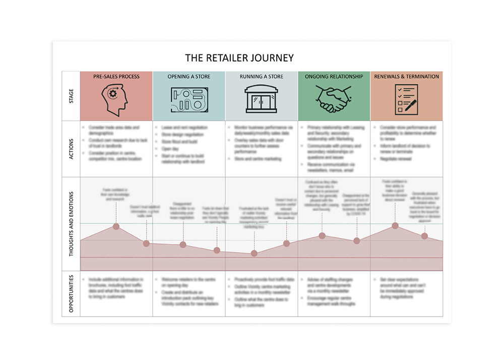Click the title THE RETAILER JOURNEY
[x=239, y=57]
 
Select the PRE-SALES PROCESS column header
[x=116, y=77]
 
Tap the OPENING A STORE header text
[x=189, y=77]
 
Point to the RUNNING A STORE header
[x=262, y=77]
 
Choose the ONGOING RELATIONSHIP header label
[x=334, y=77]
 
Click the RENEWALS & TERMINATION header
[x=406, y=77]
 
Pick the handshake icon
[x=334, y=99]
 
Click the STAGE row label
[x=71, y=96]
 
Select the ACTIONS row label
[x=71, y=149]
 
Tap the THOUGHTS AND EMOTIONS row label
[x=71, y=224]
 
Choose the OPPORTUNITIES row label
[x=71, y=293]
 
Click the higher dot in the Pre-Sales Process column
[x=116, y=226]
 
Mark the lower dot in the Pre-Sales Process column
[x=146, y=244]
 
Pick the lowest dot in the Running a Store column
[x=254, y=253]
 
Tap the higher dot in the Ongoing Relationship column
[x=323, y=235]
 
